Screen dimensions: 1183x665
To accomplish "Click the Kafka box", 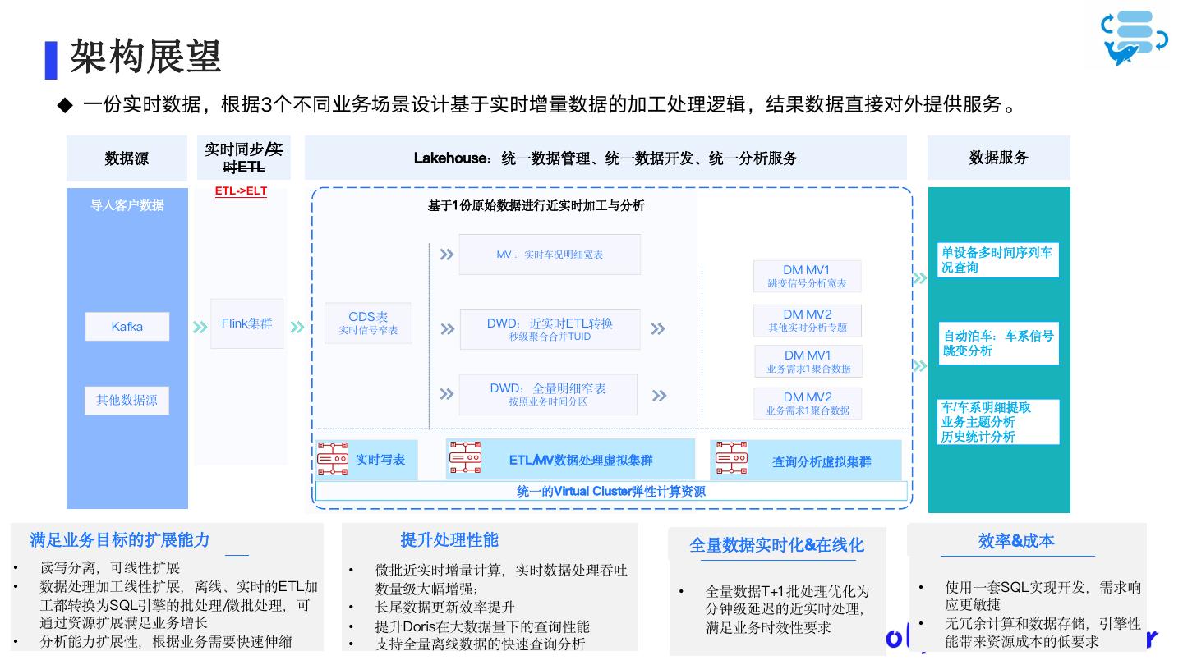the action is pos(127,327).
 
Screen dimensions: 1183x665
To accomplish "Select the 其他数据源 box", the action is pos(127,400).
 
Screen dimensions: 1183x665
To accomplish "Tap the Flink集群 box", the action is pos(246,323).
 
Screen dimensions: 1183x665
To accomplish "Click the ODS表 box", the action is pos(368,323).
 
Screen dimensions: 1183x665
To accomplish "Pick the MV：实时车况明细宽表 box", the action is pos(549,255).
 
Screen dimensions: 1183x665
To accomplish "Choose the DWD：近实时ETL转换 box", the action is pos(550,328).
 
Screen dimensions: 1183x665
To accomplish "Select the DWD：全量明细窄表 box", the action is pos(548,394).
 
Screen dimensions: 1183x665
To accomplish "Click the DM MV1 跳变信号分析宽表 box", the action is pos(807,276).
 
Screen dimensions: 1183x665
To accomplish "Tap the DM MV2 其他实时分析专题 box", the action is pos(807,320).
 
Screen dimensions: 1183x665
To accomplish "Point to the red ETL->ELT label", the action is pos(241,192).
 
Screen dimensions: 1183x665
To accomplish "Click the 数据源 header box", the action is pos(127,158).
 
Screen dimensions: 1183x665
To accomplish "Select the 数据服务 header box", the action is pos(998,158).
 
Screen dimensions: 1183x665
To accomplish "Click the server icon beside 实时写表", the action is pos(333,458).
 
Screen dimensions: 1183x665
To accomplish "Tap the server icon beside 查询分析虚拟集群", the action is pos(731,458).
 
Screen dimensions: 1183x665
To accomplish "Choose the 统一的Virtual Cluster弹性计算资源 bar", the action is pos(611,491).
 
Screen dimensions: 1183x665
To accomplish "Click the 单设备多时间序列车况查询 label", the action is pos(997,259).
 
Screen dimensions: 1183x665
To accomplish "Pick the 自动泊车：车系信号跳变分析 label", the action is pos(998,343).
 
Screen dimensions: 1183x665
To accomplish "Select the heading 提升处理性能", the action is pos(449,540).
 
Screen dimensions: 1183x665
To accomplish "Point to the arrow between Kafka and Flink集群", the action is pos(200,327).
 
